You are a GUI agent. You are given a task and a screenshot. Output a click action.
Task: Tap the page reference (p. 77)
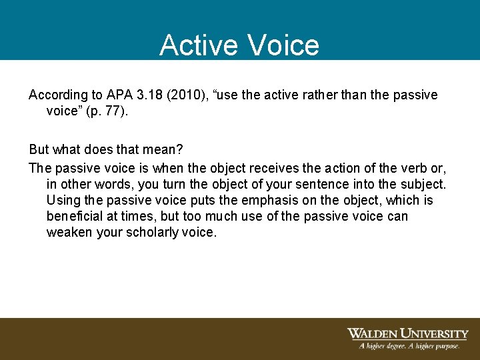tap(107, 111)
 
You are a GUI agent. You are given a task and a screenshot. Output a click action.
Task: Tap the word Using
tap(63, 201)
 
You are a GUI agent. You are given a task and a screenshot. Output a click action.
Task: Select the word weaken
tap(69, 233)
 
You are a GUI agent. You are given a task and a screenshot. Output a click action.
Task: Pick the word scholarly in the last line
tap(154, 233)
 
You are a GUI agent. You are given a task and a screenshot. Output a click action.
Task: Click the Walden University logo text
tap(407, 333)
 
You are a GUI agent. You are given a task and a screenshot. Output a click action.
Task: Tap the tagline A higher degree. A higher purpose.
tap(409, 346)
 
